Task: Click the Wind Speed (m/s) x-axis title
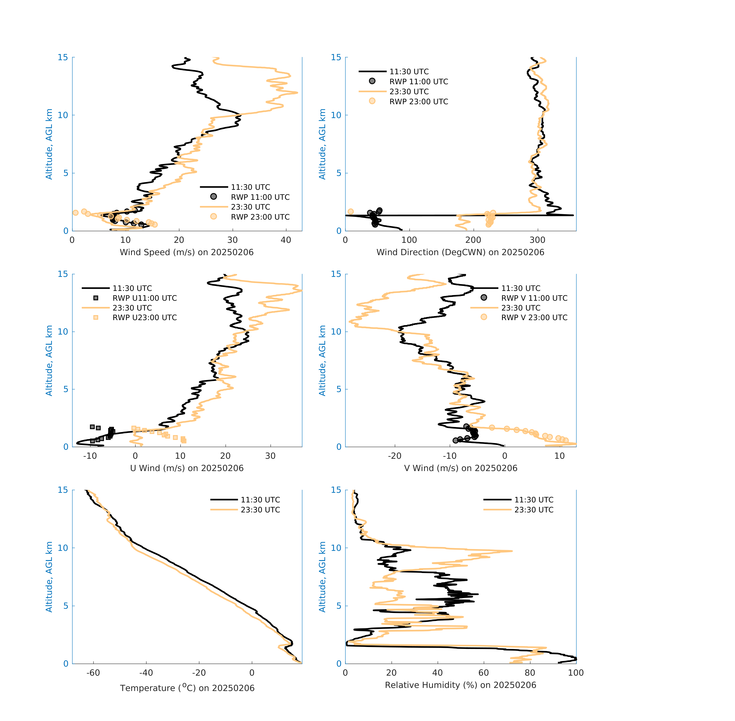pyautogui.click(x=187, y=252)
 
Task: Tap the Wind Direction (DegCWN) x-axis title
pyautogui.click(x=460, y=252)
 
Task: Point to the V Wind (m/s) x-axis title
pyautogui.click(x=460, y=468)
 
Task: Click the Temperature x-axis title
pyautogui.click(x=187, y=688)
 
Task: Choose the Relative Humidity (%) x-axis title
pyautogui.click(x=460, y=685)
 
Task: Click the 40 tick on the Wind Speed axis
pyautogui.click(x=286, y=240)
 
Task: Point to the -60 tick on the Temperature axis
pyautogui.click(x=93, y=673)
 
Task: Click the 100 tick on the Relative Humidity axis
pyautogui.click(x=576, y=673)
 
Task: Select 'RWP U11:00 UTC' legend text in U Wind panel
pyautogui.click(x=145, y=298)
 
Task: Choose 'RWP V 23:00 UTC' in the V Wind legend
pyautogui.click(x=534, y=317)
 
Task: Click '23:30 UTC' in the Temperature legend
pyautogui.click(x=260, y=510)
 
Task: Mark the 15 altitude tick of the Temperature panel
pyautogui.click(x=63, y=490)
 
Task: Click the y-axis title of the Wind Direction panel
pyautogui.click(x=322, y=144)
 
